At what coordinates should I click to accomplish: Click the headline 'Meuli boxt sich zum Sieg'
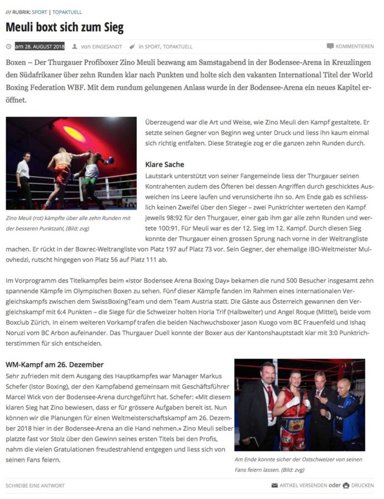tap(65, 27)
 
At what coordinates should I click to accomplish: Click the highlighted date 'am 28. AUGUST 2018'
tap(40, 46)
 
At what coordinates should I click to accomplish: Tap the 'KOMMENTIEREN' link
tap(355, 46)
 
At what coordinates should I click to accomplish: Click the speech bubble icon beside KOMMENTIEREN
tap(330, 46)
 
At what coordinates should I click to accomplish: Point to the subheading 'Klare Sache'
tap(164, 165)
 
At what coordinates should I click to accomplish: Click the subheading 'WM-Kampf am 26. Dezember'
tap(54, 365)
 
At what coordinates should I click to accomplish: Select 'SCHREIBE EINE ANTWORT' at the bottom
tap(35, 486)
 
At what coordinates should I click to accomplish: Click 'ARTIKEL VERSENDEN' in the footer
tap(303, 486)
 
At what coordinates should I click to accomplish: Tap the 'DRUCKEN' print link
tap(362, 486)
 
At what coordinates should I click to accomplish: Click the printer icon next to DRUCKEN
tap(346, 486)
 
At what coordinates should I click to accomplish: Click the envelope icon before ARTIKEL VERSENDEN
tap(274, 486)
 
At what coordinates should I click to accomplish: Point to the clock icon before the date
tap(9, 46)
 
